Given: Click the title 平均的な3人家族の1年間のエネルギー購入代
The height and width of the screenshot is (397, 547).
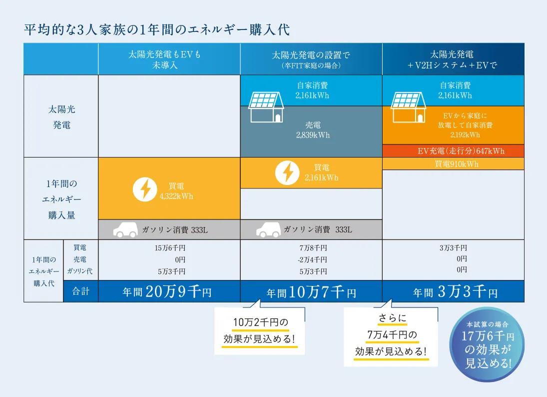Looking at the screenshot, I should pos(157,29).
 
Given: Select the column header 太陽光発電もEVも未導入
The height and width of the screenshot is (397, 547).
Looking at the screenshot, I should pos(169,59).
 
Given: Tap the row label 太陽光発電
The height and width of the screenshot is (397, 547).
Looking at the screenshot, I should pos(61,116).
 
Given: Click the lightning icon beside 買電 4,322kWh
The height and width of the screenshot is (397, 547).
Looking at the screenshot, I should pos(144,190).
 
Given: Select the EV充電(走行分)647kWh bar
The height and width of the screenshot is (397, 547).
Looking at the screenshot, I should pos(453,151).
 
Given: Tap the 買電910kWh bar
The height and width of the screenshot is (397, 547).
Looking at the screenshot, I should pos(453,164).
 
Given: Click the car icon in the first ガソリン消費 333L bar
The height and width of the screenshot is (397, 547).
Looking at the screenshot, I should pos(125,229).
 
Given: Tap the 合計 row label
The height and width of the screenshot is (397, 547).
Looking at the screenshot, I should pos(80,291).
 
